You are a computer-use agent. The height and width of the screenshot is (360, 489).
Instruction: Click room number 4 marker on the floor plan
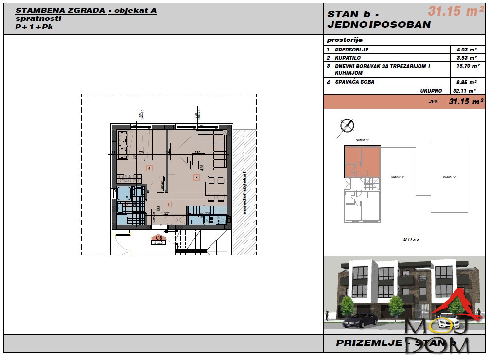click(150, 168)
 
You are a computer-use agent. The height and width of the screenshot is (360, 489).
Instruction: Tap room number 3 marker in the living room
click(196, 177)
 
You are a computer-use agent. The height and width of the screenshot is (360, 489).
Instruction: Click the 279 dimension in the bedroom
click(141, 153)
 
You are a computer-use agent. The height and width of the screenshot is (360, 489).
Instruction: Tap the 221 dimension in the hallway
click(166, 213)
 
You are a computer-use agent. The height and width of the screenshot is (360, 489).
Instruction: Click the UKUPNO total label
click(431, 90)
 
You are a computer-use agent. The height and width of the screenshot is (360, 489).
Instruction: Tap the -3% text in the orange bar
click(433, 102)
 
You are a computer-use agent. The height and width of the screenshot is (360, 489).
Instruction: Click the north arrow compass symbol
click(346, 125)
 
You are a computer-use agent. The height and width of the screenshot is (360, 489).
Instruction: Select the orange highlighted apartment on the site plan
click(362, 161)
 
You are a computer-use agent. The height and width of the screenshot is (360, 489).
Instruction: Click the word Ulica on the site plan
click(411, 240)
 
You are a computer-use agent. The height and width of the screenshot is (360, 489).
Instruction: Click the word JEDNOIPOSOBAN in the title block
click(379, 25)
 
